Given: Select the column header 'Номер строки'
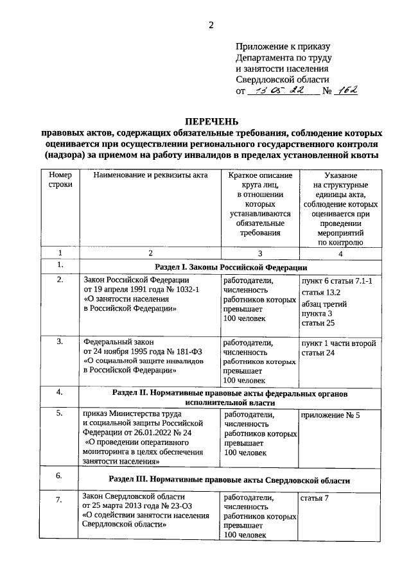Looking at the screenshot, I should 60,180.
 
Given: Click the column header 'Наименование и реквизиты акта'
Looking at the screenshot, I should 150,175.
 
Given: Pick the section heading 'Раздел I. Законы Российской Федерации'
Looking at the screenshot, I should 231,266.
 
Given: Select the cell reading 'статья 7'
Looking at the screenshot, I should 313,498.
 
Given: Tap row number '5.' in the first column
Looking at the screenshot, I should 60,414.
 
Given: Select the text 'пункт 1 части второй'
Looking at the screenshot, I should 338,343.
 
